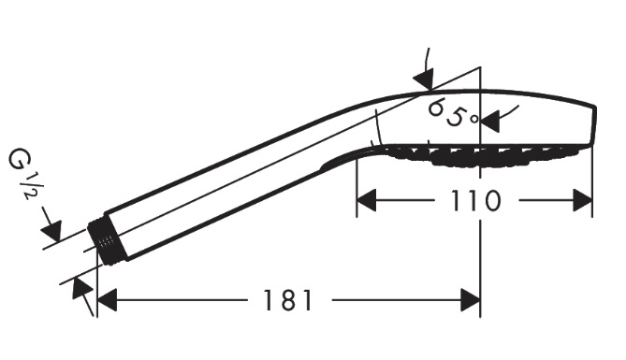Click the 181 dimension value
(x=287, y=300)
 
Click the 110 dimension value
(x=474, y=200)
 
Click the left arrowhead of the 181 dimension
(x=107, y=300)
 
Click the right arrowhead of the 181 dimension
(x=471, y=300)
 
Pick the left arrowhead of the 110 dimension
(x=367, y=200)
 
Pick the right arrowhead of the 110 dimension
(x=582, y=200)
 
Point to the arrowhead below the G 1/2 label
(x=52, y=230)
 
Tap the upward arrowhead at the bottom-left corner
(x=82, y=288)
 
